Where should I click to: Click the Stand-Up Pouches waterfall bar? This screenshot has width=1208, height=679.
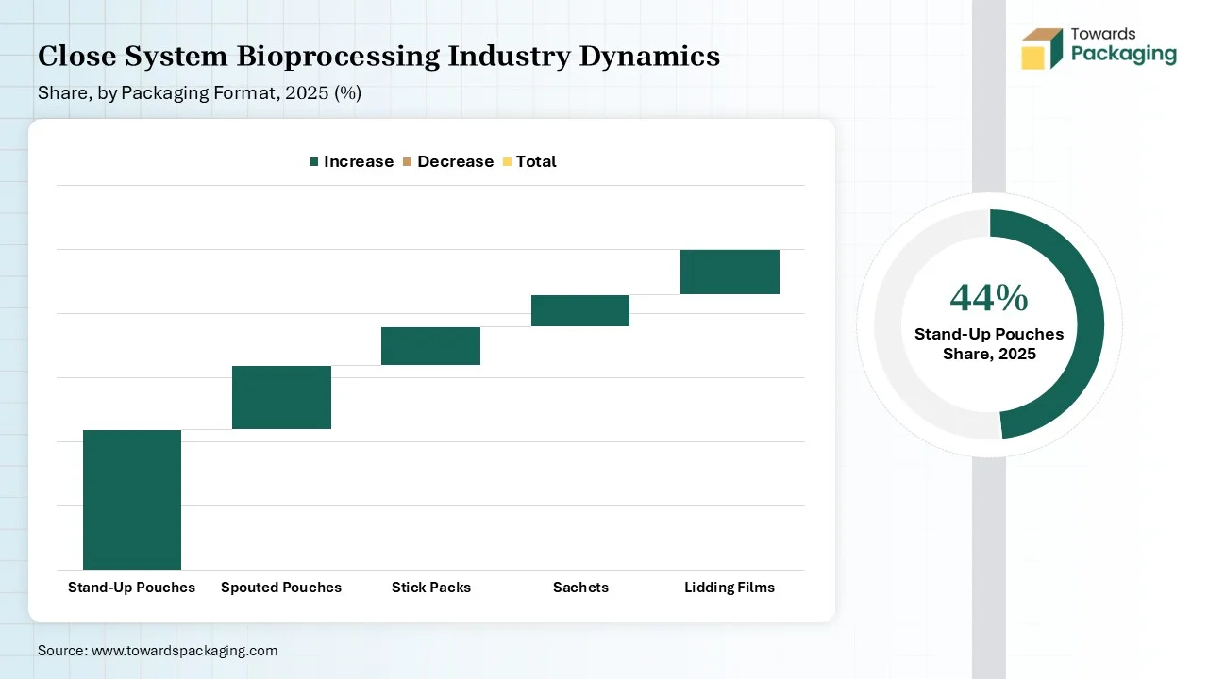click(132, 499)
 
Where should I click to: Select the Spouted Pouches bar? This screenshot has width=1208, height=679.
click(281, 397)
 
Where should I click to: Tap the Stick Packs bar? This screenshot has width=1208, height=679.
click(430, 345)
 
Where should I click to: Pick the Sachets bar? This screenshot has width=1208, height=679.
click(580, 310)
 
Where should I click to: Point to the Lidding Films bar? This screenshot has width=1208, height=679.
click(730, 272)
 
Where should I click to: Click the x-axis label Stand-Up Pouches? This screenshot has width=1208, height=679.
click(132, 588)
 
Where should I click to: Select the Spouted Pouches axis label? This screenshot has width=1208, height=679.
click(281, 588)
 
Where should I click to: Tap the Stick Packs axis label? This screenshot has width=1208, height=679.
click(430, 588)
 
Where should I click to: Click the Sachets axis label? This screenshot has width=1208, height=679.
click(580, 588)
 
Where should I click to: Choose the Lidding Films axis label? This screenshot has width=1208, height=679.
click(730, 588)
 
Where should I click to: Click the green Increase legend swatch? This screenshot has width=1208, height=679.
click(314, 162)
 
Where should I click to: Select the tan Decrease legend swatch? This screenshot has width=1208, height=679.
click(408, 162)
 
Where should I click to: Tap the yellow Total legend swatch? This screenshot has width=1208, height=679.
click(507, 162)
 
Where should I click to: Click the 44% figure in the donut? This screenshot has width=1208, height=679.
click(989, 298)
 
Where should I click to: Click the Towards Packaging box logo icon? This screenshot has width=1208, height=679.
click(1042, 48)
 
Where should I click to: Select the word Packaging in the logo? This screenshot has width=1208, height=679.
click(1124, 54)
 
